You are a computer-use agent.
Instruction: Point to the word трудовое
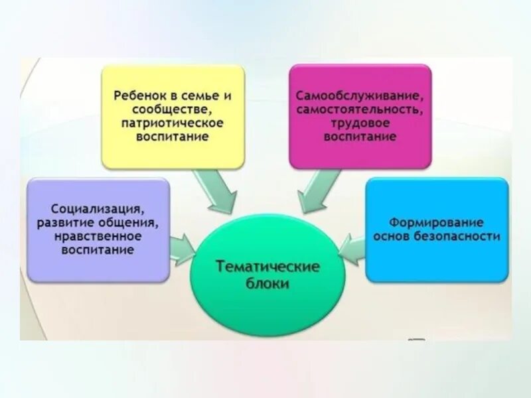pos(360,123)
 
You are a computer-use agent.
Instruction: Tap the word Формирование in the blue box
pos(436,222)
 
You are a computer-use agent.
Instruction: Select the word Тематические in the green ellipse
pos(268,267)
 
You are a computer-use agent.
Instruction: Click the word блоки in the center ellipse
pos(268,283)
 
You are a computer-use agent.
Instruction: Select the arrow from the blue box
pos(352,248)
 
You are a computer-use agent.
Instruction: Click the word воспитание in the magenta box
pos(360,137)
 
